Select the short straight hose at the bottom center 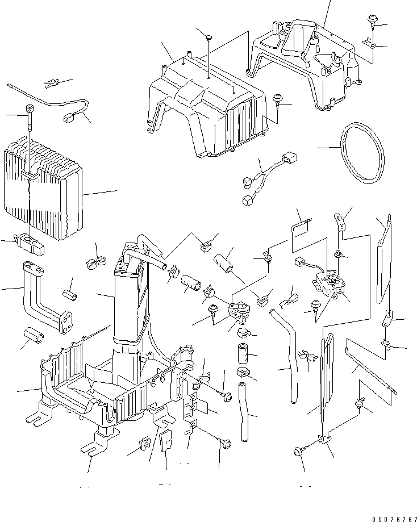pyautogui.click(x=244, y=412)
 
